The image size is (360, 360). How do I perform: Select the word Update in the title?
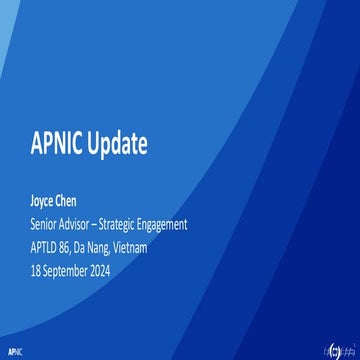click(122, 144)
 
